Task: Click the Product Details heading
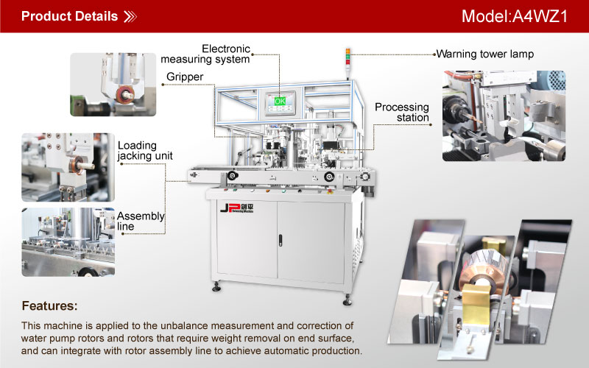[x=69, y=16]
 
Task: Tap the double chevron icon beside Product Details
[x=130, y=16]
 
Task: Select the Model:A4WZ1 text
[x=514, y=16]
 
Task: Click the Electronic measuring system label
[x=205, y=54]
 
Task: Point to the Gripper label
[x=185, y=77]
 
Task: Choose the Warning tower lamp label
[x=485, y=54]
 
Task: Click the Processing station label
[x=401, y=113]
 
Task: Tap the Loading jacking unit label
[x=145, y=151]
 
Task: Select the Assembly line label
[x=141, y=222]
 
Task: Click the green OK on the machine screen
[x=280, y=101]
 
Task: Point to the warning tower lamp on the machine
[x=348, y=57]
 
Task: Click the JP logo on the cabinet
[x=236, y=208]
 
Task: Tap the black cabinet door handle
[x=281, y=241]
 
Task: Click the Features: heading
[x=49, y=305]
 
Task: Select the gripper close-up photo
[x=113, y=85]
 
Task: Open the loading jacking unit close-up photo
[x=68, y=167]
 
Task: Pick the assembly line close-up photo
[x=68, y=242]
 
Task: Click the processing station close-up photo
[x=504, y=116]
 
